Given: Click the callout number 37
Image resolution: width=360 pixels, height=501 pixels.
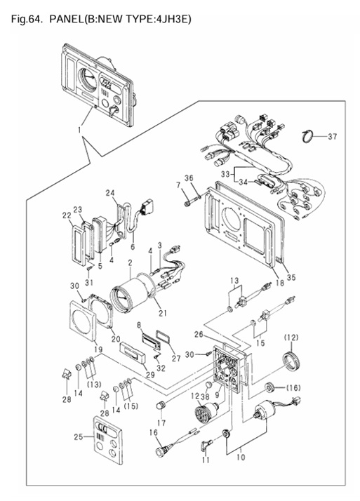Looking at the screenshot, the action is click(x=332, y=136).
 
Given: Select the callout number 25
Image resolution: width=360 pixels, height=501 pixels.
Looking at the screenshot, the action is click(x=79, y=436).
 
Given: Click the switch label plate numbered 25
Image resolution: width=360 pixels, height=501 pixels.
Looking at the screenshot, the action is click(x=108, y=440).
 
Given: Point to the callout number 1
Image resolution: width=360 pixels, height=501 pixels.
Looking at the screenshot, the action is click(x=79, y=130).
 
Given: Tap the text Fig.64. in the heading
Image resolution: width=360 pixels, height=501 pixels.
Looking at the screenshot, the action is click(x=27, y=19).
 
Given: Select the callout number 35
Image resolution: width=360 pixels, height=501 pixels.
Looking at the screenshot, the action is click(x=291, y=277).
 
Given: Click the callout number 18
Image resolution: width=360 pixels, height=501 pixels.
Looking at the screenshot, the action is click(x=280, y=283).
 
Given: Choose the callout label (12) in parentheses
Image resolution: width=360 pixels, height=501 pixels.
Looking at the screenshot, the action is click(x=291, y=338).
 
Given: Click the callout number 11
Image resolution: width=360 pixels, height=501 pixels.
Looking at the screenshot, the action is click(x=206, y=460).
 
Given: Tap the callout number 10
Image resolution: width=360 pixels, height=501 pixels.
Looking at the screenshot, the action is click(x=241, y=457).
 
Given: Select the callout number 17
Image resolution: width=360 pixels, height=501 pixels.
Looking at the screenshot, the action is click(x=161, y=422).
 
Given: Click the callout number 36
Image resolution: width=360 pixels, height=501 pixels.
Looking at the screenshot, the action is click(x=189, y=178).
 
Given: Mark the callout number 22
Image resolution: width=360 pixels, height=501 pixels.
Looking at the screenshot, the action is click(x=67, y=216).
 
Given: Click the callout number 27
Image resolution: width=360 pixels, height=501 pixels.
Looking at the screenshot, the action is click(x=176, y=359).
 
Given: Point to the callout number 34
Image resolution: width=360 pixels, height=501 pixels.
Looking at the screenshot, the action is click(x=243, y=182).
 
